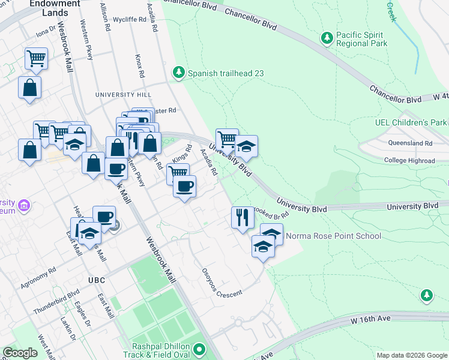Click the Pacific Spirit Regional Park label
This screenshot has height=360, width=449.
tap(361, 39)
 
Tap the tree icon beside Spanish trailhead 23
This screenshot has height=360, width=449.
tap(178, 73)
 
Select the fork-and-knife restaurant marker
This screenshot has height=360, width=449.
tap(243, 217)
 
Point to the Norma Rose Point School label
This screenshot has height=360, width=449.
tap(333, 236)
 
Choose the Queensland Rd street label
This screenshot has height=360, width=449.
tap(410, 143)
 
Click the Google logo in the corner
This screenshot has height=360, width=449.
tap(20, 353)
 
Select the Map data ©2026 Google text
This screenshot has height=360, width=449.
tap(412, 355)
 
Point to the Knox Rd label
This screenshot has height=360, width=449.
tap(139, 67)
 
